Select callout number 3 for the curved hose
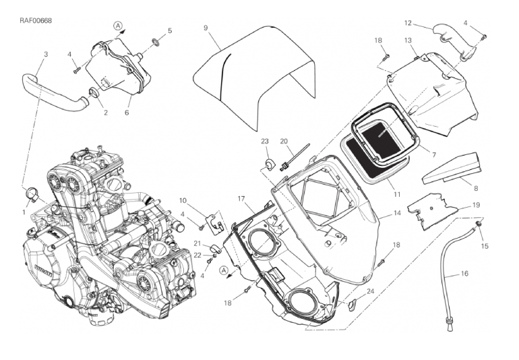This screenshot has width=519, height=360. [x=45, y=54]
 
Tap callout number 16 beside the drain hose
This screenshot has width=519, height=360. [x=464, y=274]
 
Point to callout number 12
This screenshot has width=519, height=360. [x=408, y=23]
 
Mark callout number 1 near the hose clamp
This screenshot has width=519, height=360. [x=24, y=212]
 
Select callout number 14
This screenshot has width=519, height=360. [x=397, y=212]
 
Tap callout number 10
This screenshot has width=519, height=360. [x=182, y=200]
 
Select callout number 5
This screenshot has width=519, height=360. [x=169, y=30]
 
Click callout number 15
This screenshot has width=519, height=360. [x=484, y=246]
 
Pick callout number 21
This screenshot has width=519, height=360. [x=197, y=243]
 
